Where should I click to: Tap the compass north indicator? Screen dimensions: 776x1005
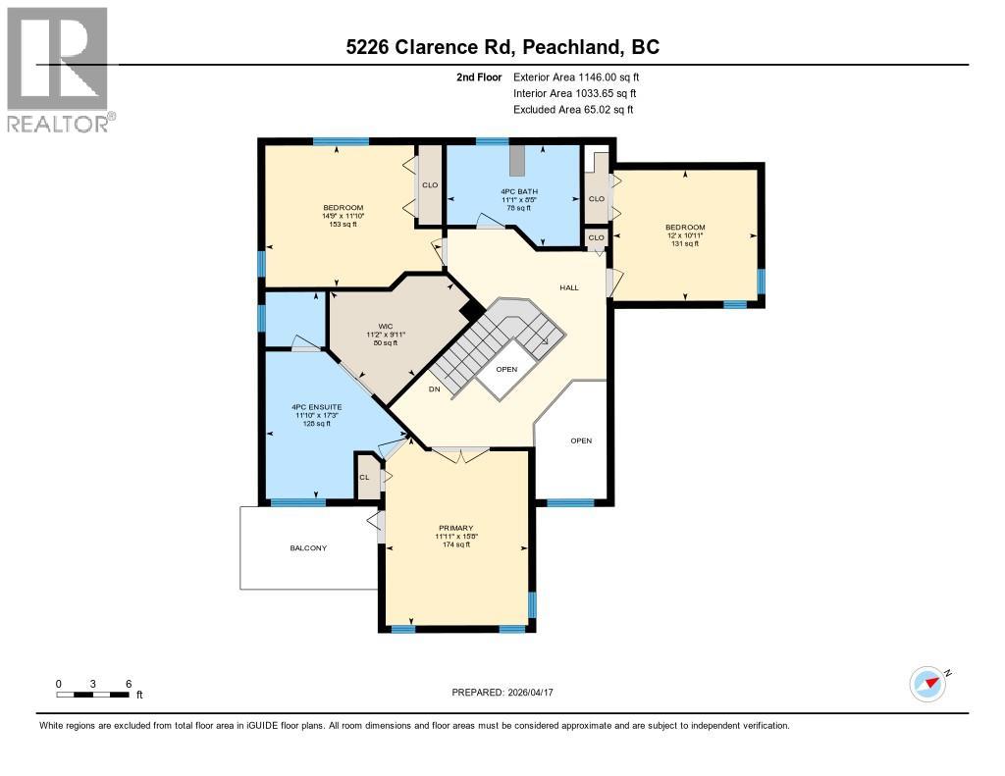(x=927, y=683)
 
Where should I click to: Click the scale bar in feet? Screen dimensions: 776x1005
(x=93, y=695)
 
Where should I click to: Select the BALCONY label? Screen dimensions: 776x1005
(x=308, y=548)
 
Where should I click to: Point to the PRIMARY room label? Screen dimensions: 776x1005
(x=454, y=528)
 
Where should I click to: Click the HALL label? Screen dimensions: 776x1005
(x=569, y=287)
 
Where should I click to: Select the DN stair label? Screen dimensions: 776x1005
(x=434, y=388)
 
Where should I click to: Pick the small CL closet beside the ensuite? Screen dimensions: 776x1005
(x=364, y=477)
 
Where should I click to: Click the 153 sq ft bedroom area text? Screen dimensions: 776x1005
(x=343, y=225)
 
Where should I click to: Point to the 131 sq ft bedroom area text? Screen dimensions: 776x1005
(x=684, y=244)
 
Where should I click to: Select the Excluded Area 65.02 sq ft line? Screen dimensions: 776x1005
(x=573, y=110)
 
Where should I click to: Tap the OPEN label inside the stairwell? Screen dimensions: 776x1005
(x=505, y=369)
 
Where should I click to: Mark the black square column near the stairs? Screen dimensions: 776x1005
(x=472, y=309)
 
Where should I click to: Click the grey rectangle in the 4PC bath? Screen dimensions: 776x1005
(x=517, y=159)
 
